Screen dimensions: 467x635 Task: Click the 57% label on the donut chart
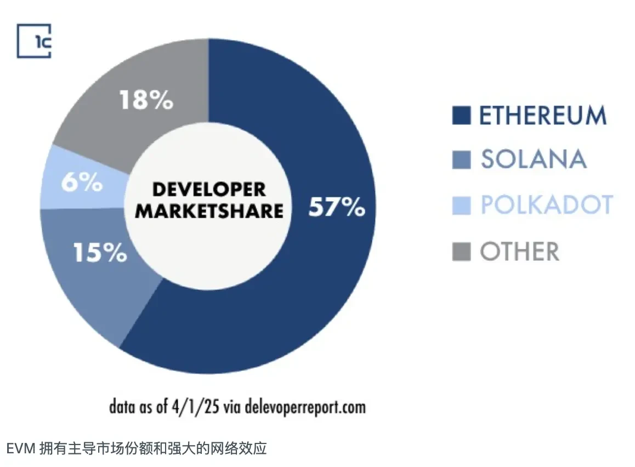coord(336,207)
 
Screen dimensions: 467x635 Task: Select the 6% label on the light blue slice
coord(81,183)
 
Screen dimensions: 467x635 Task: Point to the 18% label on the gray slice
coord(146,101)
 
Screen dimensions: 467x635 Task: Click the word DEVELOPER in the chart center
coord(209,190)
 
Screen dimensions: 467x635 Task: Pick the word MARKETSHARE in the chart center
coord(209,211)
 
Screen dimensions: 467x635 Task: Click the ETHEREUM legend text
coord(543,116)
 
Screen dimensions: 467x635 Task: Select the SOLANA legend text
coord(534,160)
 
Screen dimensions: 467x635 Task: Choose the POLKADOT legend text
coord(546,205)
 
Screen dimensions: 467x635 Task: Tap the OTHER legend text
coord(519,252)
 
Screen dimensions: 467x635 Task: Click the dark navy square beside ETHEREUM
coord(461,116)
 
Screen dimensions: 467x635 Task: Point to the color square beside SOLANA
coord(461,160)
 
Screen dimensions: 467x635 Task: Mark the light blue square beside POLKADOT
coord(461,206)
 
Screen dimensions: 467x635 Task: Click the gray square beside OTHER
coord(461,252)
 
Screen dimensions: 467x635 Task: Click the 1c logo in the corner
coord(33,41)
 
